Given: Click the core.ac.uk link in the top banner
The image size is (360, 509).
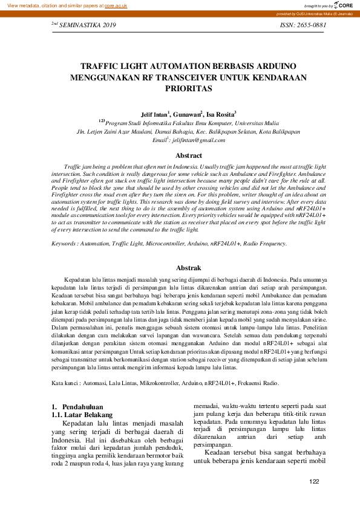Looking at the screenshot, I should tap(117, 5).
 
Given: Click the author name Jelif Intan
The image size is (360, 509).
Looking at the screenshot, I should tap(155, 114).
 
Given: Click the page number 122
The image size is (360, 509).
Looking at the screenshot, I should tap(313, 481).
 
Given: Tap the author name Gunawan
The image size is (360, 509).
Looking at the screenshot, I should tap(186, 114).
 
